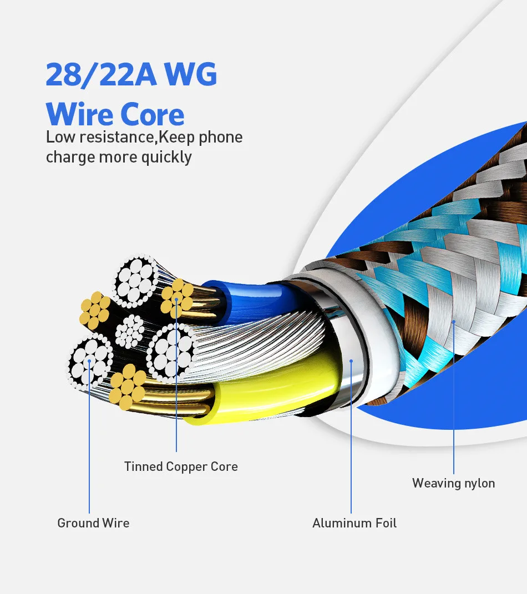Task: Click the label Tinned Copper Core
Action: tap(181, 466)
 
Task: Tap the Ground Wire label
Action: tap(93, 523)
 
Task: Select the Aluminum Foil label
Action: tap(354, 523)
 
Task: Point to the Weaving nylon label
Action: tap(453, 483)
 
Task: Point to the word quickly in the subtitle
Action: tap(166, 158)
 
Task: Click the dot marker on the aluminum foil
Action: tap(351, 361)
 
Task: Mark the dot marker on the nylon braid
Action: tap(453, 321)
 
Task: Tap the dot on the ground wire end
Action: tap(89, 361)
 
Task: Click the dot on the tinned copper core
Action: tap(176, 299)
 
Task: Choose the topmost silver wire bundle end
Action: tap(134, 281)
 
